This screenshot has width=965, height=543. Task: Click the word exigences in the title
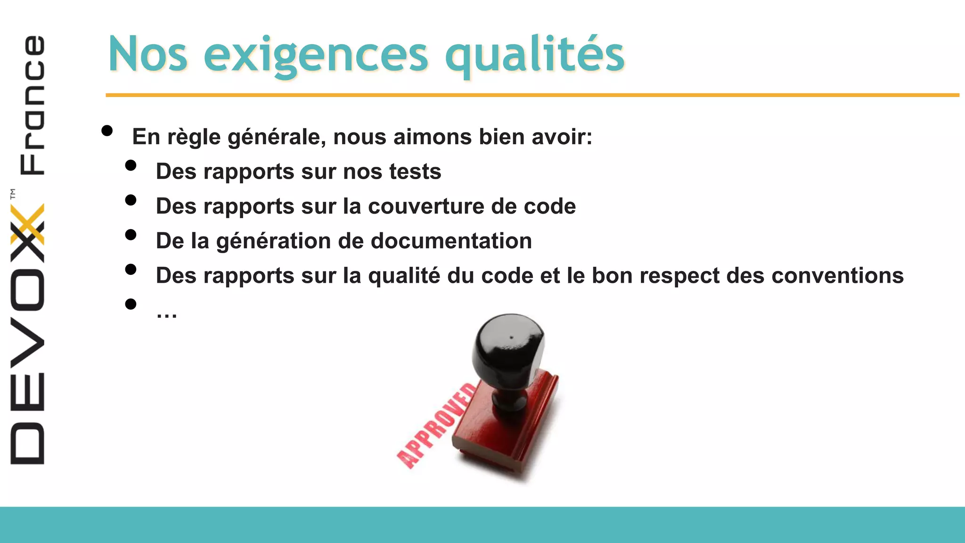click(x=316, y=56)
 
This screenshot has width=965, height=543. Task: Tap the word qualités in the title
click(x=534, y=56)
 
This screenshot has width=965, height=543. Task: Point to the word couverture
click(x=425, y=206)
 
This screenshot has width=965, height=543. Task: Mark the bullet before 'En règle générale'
click(x=107, y=131)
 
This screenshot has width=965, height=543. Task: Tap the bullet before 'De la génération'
click(x=131, y=235)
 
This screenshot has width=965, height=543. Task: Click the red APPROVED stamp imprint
click(x=436, y=427)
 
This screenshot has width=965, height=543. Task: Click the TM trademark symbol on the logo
click(x=13, y=193)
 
